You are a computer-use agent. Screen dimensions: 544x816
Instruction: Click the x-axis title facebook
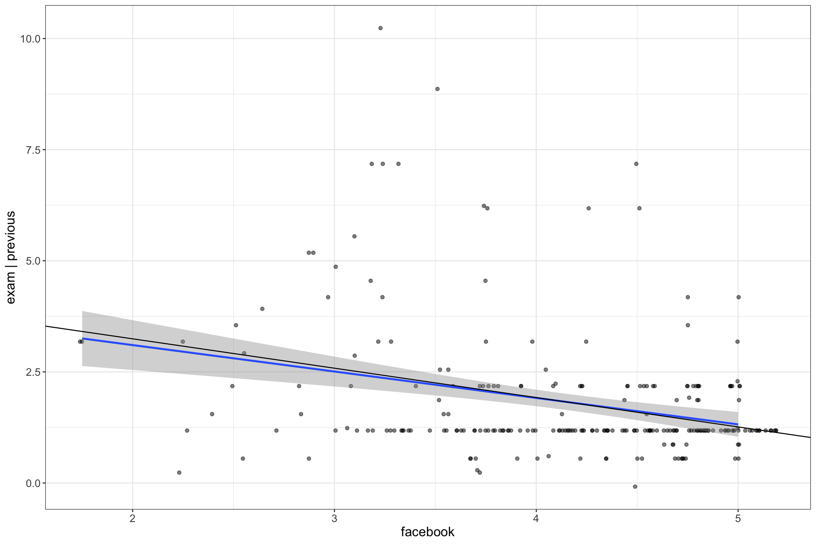click(x=427, y=532)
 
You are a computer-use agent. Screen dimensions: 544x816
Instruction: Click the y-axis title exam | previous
click(x=11, y=257)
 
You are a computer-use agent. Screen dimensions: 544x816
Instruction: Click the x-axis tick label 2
click(x=132, y=519)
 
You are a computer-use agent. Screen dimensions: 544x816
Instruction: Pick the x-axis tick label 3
click(x=334, y=519)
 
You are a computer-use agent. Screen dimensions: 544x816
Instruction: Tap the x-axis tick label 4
click(x=536, y=519)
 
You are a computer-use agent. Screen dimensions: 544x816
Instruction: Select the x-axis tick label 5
click(x=738, y=519)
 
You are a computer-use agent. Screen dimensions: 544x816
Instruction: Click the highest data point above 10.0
click(x=380, y=28)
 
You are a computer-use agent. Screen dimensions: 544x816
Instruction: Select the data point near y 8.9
click(x=437, y=89)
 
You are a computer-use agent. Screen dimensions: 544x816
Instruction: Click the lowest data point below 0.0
click(x=635, y=487)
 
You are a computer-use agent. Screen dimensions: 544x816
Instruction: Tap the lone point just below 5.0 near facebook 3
click(x=336, y=267)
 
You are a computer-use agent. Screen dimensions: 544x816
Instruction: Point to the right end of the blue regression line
click(x=738, y=424)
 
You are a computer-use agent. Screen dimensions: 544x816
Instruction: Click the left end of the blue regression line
click(x=83, y=339)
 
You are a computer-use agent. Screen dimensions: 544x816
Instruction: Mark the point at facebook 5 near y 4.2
click(x=738, y=297)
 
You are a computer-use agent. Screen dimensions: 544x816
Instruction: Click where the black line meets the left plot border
click(x=46, y=326)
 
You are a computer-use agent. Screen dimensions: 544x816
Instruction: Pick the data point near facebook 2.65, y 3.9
click(x=262, y=309)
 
